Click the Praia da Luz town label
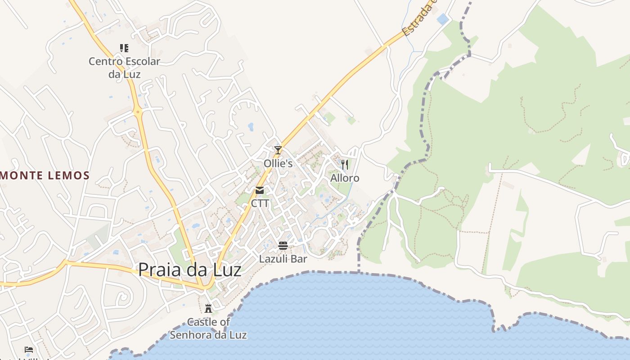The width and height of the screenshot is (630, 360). (x=189, y=270)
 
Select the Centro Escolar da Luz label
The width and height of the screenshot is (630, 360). (x=124, y=67)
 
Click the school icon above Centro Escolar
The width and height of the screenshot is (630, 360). (x=124, y=48)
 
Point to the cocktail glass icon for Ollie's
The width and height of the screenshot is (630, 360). (x=278, y=150)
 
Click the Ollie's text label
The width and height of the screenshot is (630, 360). (x=278, y=163)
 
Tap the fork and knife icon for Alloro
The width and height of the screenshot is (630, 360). (x=345, y=165)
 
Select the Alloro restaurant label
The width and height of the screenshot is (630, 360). (x=345, y=178)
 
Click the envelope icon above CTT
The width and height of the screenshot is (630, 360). (x=260, y=190)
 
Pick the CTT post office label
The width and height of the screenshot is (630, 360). (x=260, y=203)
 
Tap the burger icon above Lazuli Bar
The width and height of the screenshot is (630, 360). (x=283, y=246)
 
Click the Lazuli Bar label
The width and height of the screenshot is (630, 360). (x=283, y=259)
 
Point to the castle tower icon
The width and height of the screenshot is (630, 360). (x=208, y=309)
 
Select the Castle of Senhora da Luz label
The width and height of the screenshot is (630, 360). (x=208, y=328)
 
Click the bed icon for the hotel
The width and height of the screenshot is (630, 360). (x=29, y=350)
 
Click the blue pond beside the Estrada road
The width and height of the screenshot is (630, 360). (x=443, y=19)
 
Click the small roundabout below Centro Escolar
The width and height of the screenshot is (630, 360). (x=138, y=111)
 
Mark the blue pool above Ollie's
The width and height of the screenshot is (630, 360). (x=251, y=127)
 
